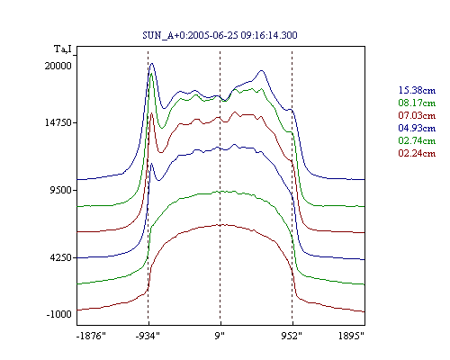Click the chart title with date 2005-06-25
(x=220, y=35)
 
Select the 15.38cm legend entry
(x=417, y=90)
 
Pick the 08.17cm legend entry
(x=417, y=103)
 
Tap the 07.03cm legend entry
(x=417, y=115)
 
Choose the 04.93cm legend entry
(x=417, y=128)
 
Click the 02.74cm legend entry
(x=417, y=140)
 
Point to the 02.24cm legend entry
(x=417, y=153)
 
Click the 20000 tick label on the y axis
(x=58, y=66)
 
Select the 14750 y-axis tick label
(x=58, y=122)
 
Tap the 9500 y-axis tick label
(x=61, y=190)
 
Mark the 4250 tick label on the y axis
(x=61, y=257)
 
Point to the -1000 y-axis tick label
(x=59, y=314)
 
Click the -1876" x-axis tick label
(x=91, y=336)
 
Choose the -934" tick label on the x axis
(x=148, y=336)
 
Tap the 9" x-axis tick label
(x=220, y=336)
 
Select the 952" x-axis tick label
(x=292, y=336)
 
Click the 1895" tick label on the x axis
(x=351, y=336)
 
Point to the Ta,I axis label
(x=63, y=49)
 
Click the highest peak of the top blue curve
(x=152, y=63)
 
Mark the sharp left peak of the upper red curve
(x=151, y=112)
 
